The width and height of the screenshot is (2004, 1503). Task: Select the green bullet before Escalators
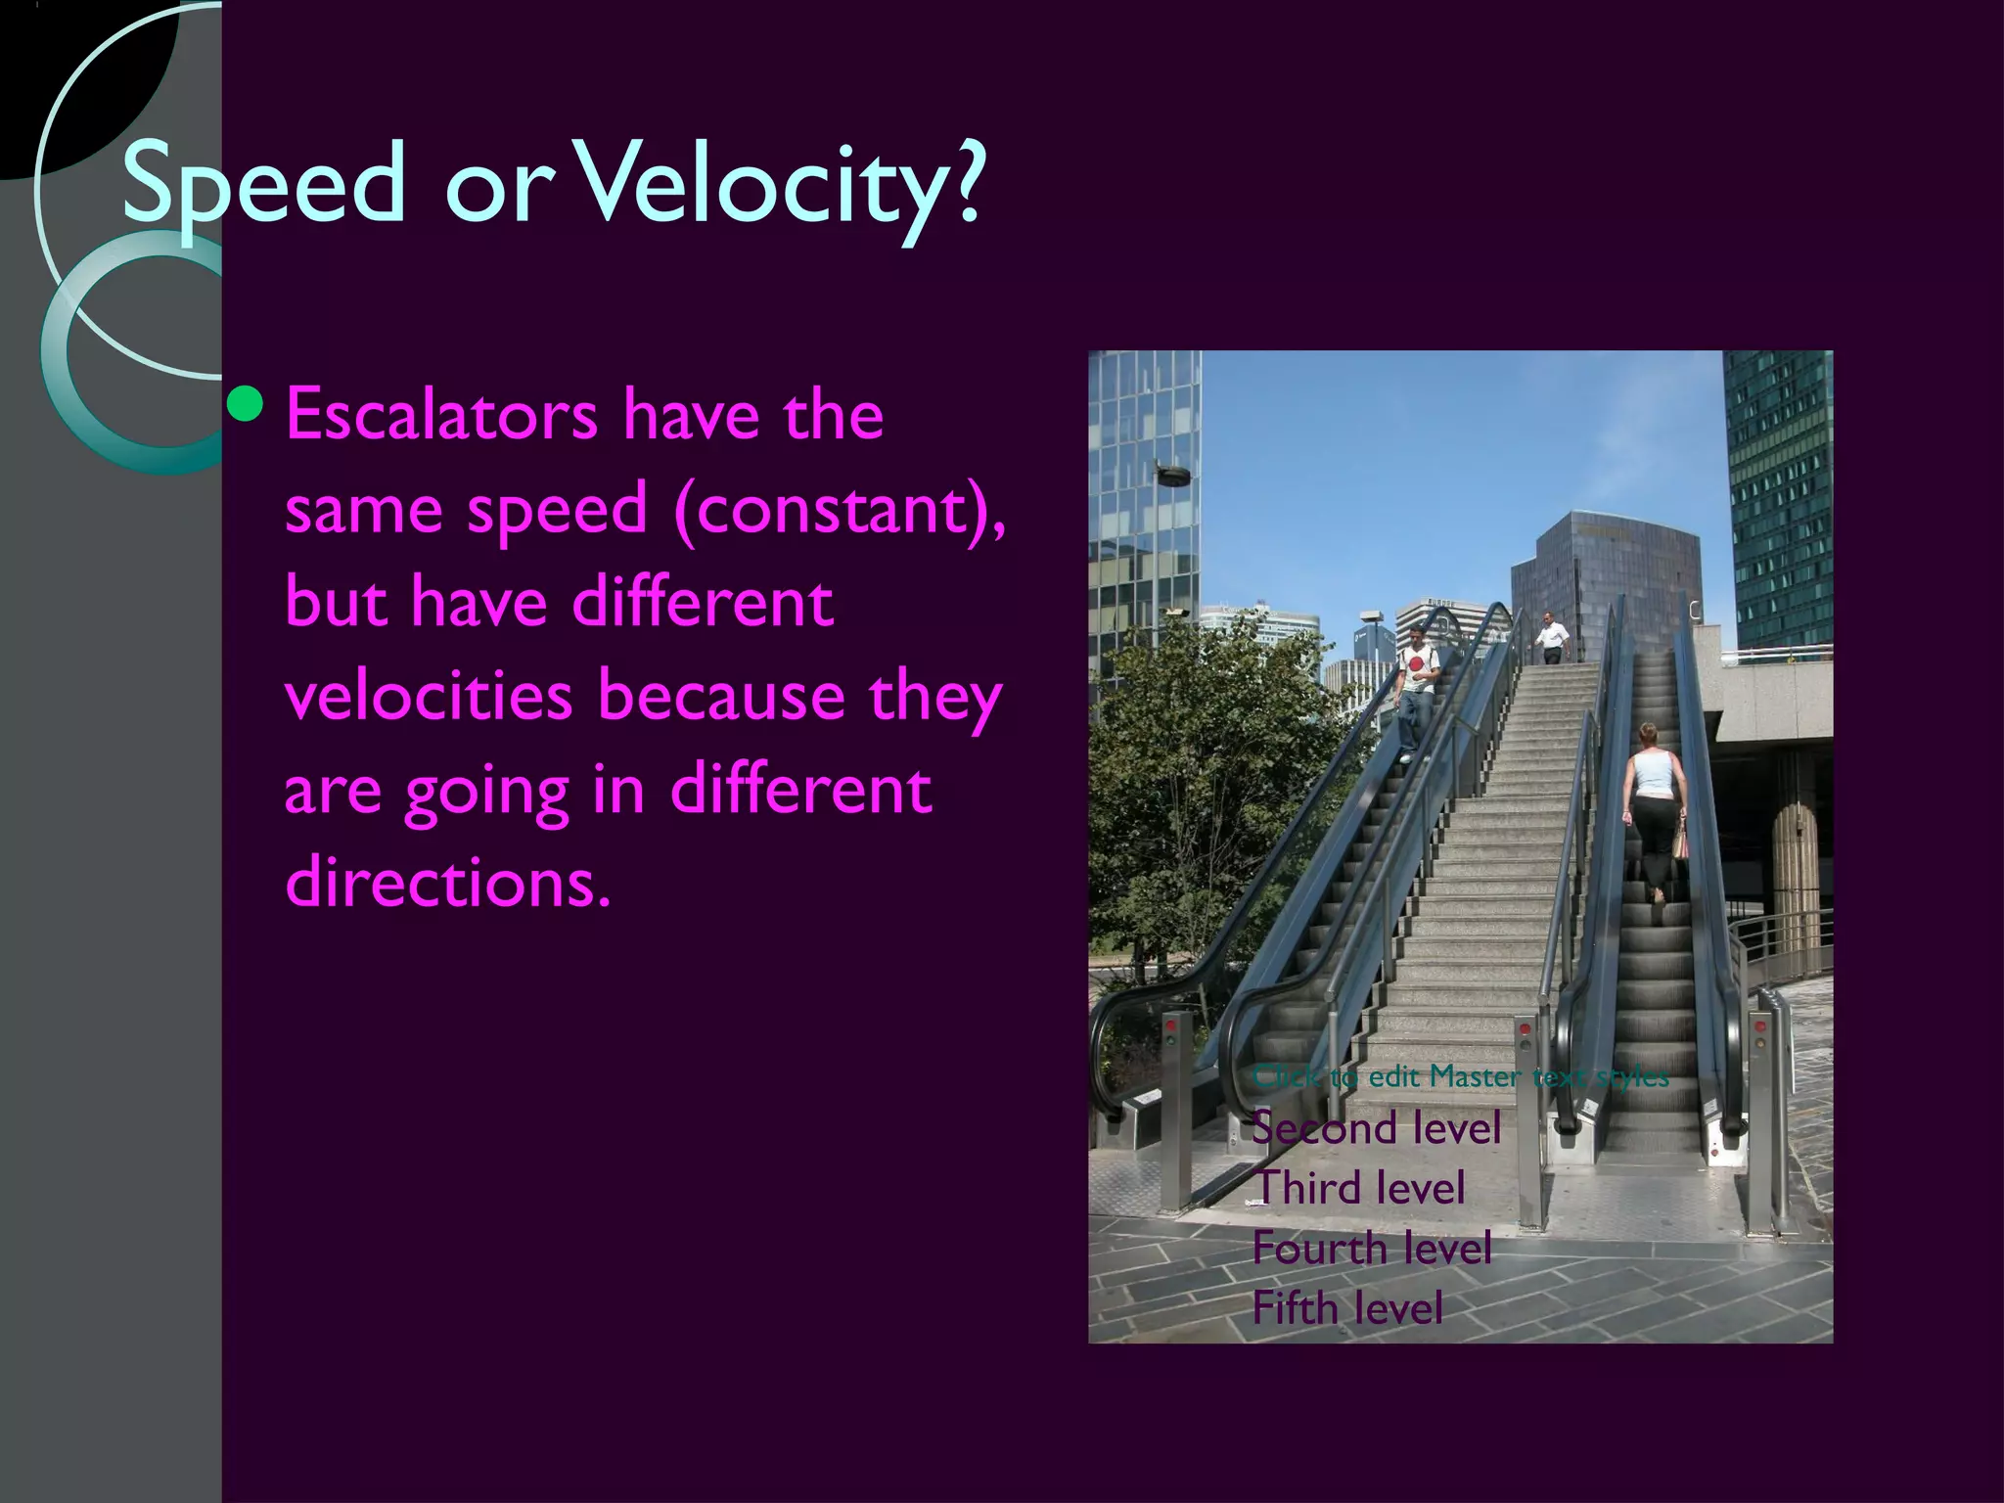[244, 404]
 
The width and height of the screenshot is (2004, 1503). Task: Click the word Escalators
[441, 415]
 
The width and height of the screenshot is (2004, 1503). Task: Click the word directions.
[447, 882]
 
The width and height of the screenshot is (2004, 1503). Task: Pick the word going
[486, 792]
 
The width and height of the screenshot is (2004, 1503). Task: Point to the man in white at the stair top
[1550, 637]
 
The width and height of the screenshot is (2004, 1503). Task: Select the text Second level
[1376, 1127]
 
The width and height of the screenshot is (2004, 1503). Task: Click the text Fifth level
[1347, 1308]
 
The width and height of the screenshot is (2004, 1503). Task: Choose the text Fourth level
[1372, 1249]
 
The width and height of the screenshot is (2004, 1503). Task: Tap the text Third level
[1361, 1188]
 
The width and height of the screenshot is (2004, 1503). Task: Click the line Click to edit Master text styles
[1460, 1076]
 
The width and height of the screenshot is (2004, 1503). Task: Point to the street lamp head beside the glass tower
[1172, 475]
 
